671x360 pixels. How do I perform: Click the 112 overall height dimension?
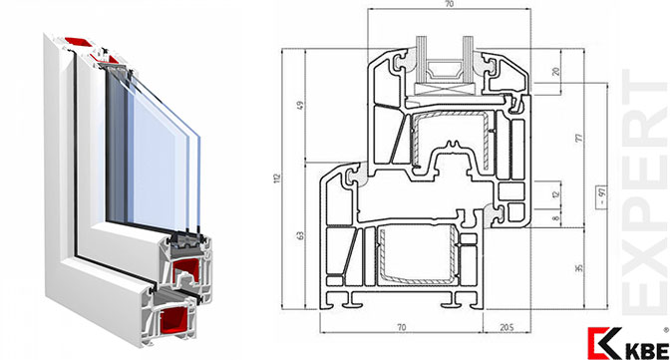[277, 179]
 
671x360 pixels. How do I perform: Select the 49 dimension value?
[300, 105]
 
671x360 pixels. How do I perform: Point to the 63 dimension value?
[300, 235]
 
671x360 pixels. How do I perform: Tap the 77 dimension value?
[579, 138]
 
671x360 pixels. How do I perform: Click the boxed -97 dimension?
[602, 197]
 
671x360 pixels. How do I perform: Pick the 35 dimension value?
[579, 268]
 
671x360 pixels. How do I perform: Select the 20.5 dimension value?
[506, 327]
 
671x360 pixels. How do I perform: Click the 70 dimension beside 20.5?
[401, 327]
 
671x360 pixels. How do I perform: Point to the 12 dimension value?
[556, 194]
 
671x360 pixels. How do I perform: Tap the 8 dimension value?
[556, 218]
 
